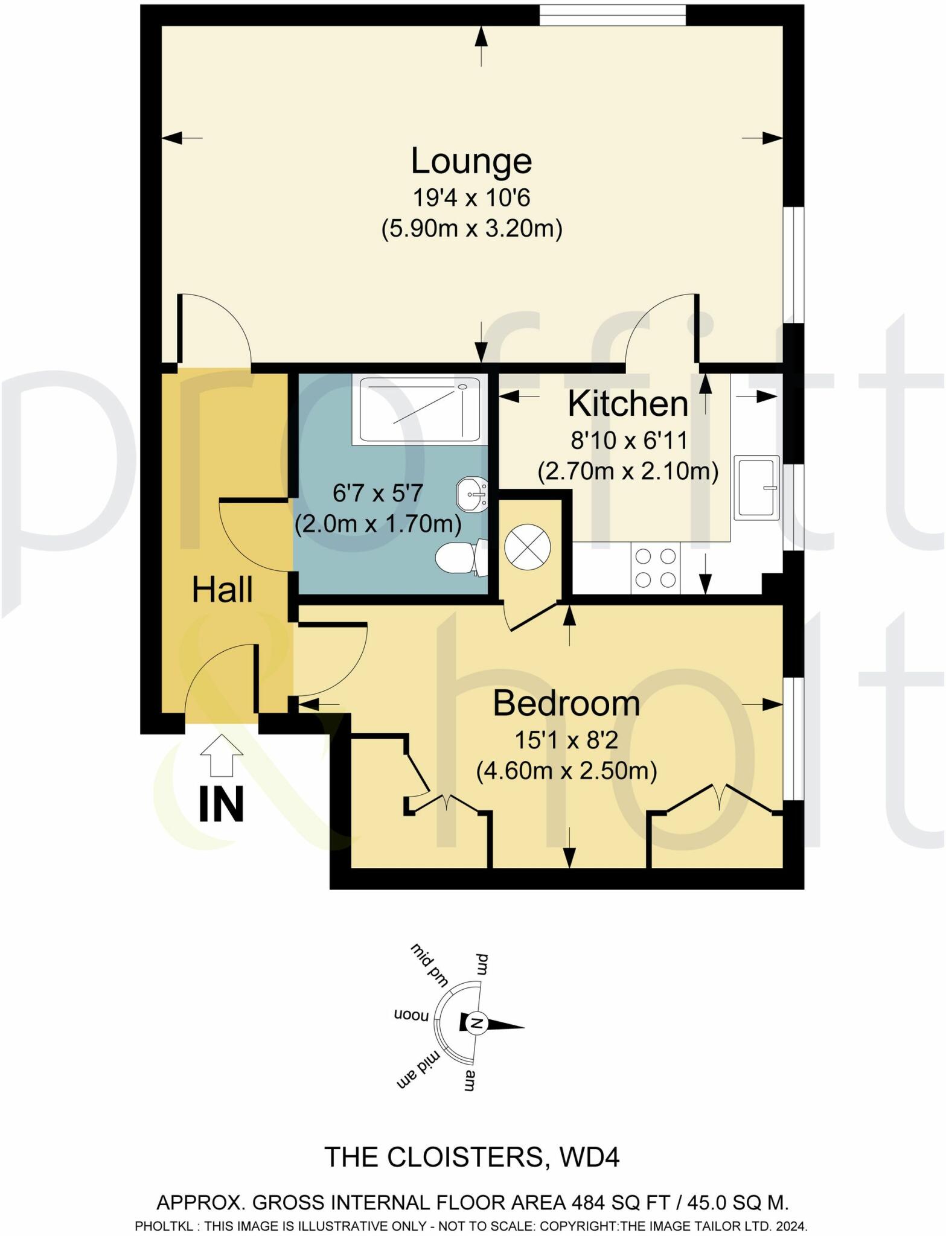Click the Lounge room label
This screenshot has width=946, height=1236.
(x=471, y=162)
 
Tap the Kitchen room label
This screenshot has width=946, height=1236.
(x=628, y=404)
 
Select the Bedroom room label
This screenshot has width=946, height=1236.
(x=566, y=704)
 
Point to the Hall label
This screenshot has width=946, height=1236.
(x=222, y=590)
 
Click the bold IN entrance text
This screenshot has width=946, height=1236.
(x=222, y=804)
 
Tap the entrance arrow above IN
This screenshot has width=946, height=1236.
(x=221, y=755)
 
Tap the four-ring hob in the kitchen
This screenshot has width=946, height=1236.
(x=655, y=567)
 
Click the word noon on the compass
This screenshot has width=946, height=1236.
(x=411, y=1015)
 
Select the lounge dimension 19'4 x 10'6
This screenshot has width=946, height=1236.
(x=471, y=198)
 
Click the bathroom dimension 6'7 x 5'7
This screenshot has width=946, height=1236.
(x=378, y=494)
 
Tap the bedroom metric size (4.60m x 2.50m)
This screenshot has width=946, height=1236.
(x=566, y=771)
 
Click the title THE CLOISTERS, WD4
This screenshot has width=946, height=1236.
(x=472, y=1157)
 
